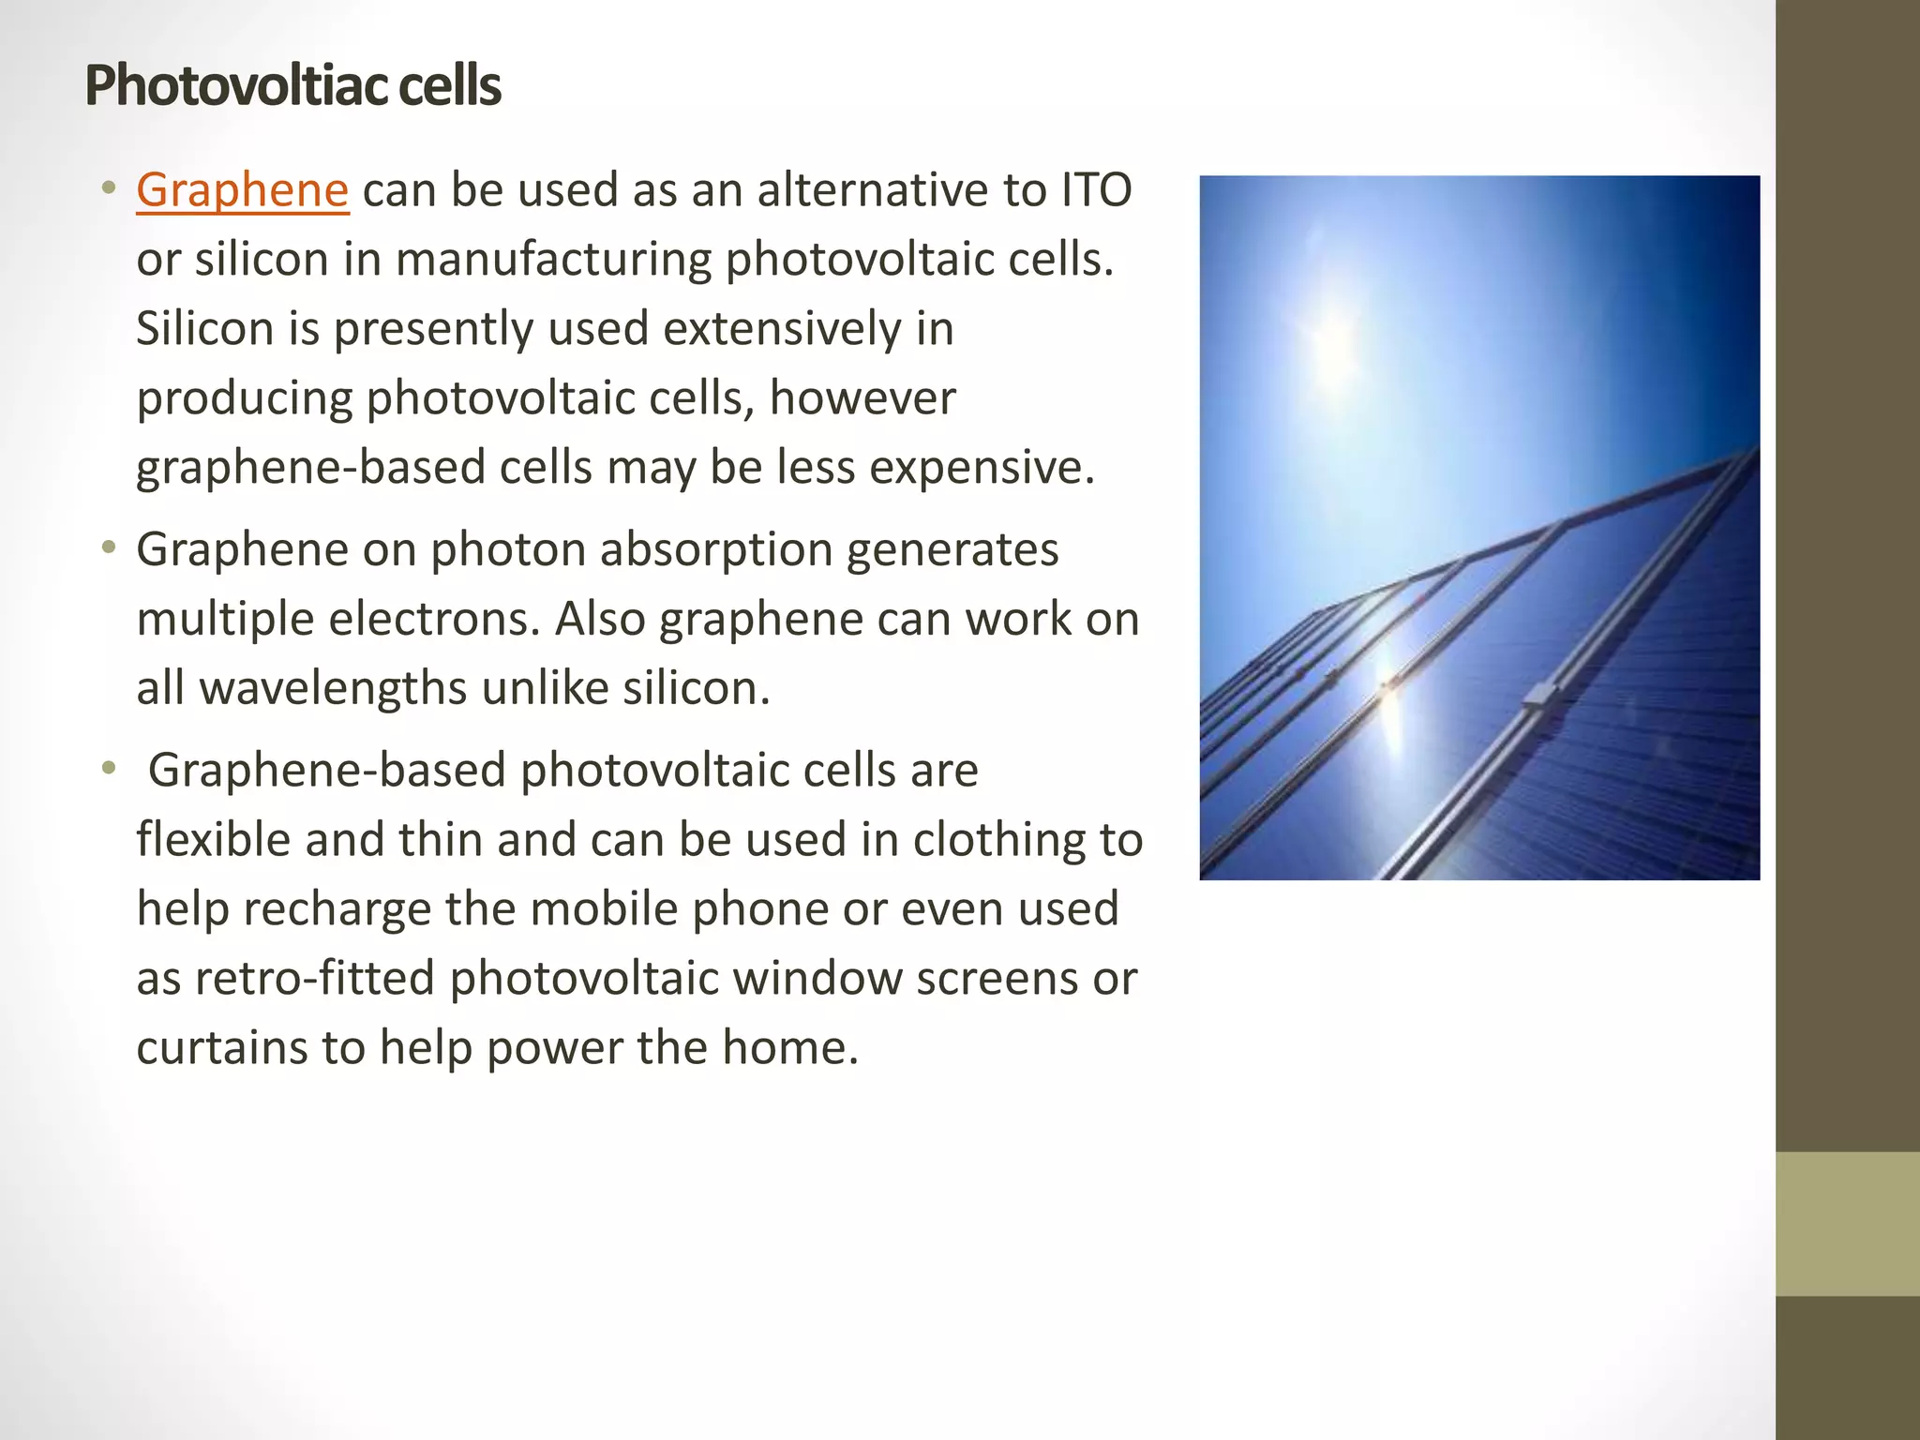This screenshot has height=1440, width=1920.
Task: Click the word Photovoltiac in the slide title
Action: pyautogui.click(x=234, y=86)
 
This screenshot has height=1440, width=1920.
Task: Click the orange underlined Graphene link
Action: pyautogui.click(x=242, y=190)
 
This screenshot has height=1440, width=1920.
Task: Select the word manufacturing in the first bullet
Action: pyautogui.click(x=553, y=260)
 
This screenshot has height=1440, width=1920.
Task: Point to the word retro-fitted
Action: pyautogui.click(x=315, y=978)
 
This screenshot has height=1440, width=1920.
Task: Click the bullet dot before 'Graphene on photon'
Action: pyautogui.click(x=110, y=547)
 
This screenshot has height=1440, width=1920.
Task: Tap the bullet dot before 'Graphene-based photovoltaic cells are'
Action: pyautogui.click(x=110, y=769)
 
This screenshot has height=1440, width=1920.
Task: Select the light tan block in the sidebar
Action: pyautogui.click(x=1847, y=1223)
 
